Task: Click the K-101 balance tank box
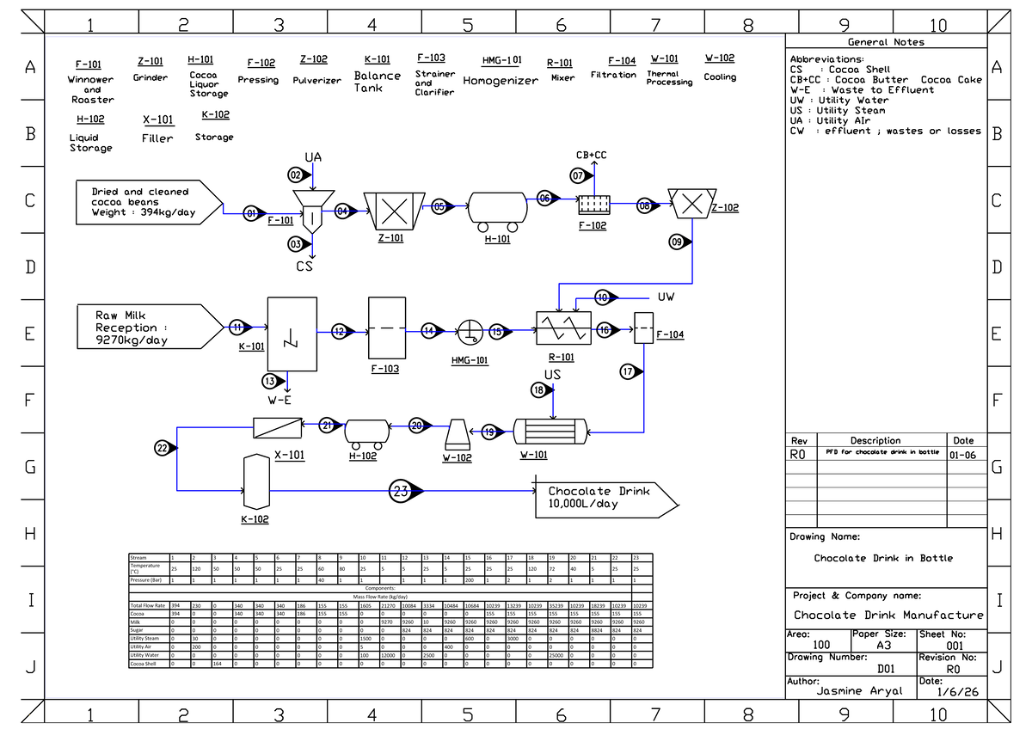pyautogui.click(x=292, y=334)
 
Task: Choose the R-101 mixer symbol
pyautogui.click(x=562, y=329)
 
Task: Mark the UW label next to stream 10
pyautogui.click(x=666, y=297)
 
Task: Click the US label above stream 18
pyautogui.click(x=552, y=375)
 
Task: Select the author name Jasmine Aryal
pyautogui.click(x=859, y=690)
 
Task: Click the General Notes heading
pyautogui.click(x=886, y=42)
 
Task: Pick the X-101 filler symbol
pyautogui.click(x=278, y=425)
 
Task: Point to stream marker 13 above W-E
pyautogui.click(x=271, y=381)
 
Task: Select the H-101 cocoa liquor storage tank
pyautogui.click(x=496, y=209)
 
